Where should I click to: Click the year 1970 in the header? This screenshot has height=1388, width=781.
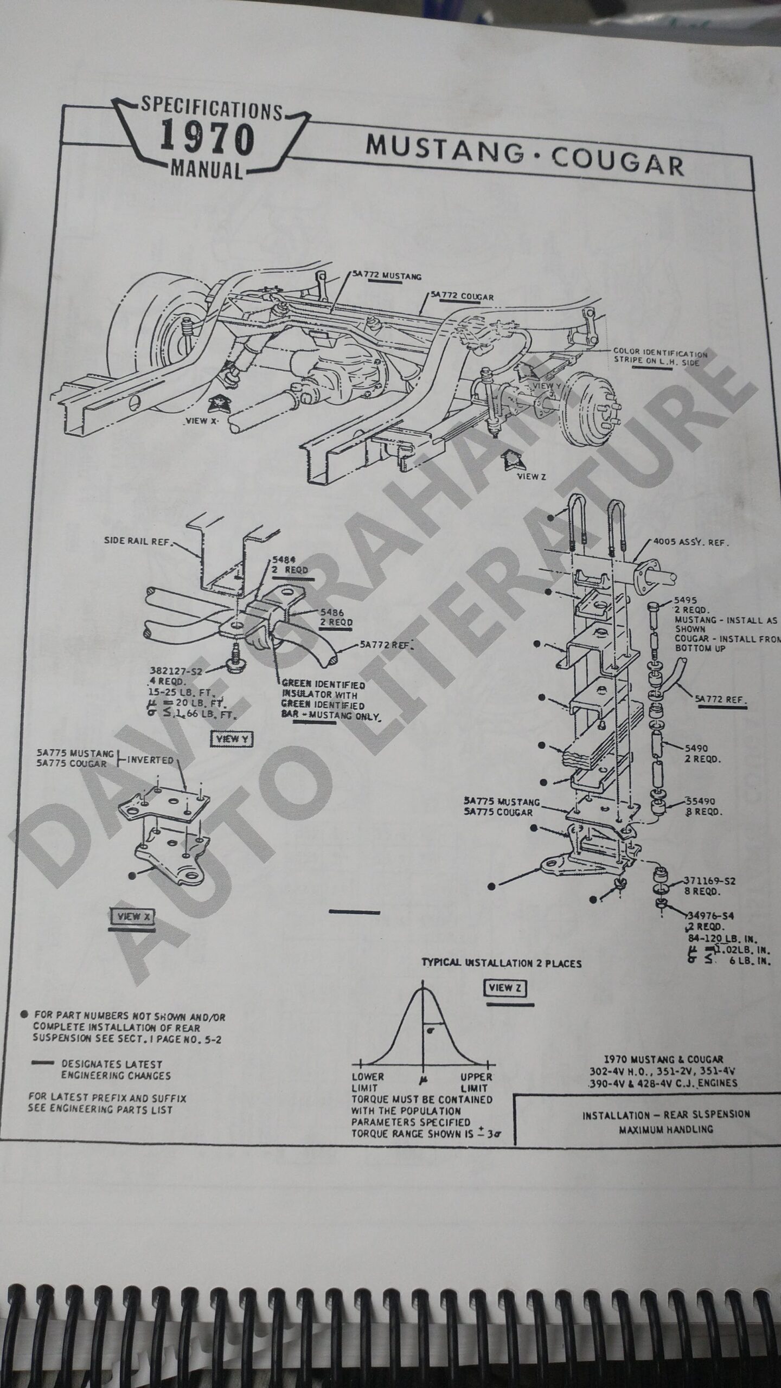coord(207,139)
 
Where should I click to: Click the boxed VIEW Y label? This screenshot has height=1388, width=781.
coord(233,739)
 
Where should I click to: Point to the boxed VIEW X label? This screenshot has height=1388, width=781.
coord(132,916)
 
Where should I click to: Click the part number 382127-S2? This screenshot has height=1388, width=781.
coord(175,671)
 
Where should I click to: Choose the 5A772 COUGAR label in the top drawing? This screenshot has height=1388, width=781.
coord(462,297)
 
